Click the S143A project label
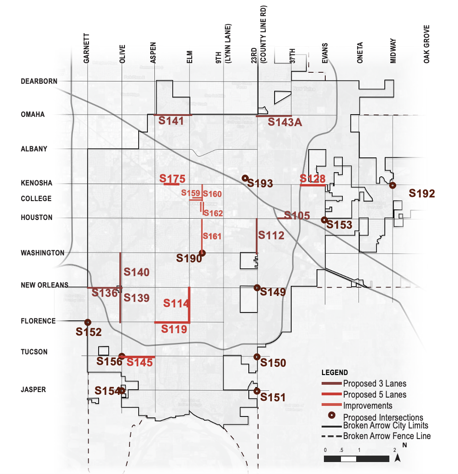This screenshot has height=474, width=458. pyautogui.click(x=287, y=122)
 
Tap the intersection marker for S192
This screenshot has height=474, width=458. pyautogui.click(x=392, y=185)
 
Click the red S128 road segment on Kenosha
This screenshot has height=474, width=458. pyautogui.click(x=313, y=185)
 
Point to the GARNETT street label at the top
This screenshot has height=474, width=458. pyautogui.click(x=87, y=48)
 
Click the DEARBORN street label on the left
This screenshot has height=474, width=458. pyautogui.click(x=39, y=81)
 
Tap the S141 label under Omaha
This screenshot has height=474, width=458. pyautogui.click(x=171, y=121)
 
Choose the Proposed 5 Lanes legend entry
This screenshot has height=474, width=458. pyautogui.click(x=374, y=394)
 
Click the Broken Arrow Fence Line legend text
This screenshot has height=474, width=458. pyautogui.click(x=387, y=436)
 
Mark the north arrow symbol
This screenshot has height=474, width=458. pyautogui.click(x=400, y=457)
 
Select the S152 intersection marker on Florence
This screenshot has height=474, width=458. pyautogui.click(x=87, y=322)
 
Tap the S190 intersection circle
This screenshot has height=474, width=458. pyautogui.click(x=202, y=252)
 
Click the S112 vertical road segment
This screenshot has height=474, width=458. pyautogui.click(x=257, y=235)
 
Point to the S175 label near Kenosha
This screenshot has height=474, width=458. pyautogui.click(x=172, y=178)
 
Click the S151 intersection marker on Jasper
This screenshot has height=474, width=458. pyautogui.click(x=257, y=391)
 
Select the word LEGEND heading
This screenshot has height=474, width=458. pyautogui.click(x=335, y=372)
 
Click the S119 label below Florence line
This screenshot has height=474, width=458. pyautogui.click(x=174, y=329)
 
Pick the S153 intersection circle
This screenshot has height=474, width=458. pyautogui.click(x=324, y=220)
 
